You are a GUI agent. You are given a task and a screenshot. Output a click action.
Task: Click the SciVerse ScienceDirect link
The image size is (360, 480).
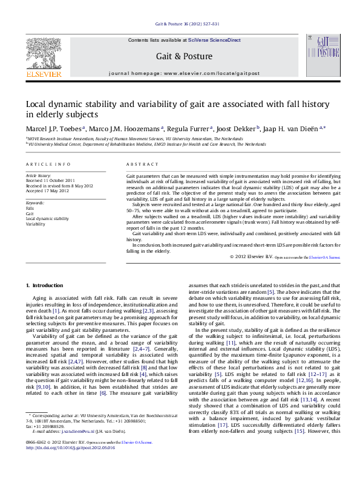coord(214,40)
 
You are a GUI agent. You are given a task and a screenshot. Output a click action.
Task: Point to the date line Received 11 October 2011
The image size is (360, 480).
coord(50,180)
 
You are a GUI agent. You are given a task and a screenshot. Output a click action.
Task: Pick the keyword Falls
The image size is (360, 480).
coord(30,208)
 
